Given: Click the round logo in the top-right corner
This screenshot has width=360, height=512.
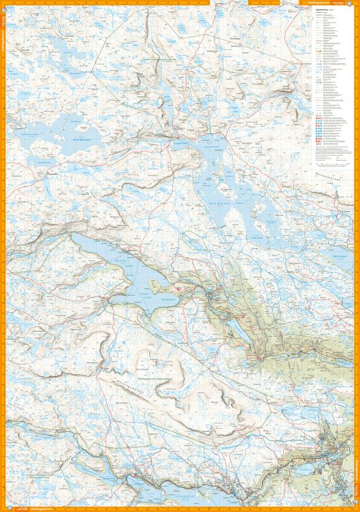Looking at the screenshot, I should pos(356,4).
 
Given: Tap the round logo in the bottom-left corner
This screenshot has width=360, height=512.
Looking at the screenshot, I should pos(4,508).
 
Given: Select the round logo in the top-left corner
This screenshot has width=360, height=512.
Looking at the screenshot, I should pos(4,4).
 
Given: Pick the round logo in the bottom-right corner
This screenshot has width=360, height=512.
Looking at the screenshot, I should pos(356,508).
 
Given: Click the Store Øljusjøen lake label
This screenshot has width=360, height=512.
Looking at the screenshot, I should pos(82,138).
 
